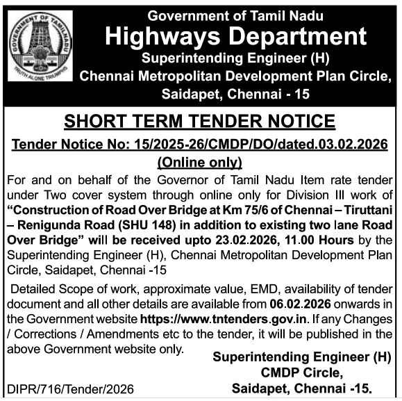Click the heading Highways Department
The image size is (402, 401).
point(235,37)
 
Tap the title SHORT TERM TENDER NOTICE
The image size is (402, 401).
point(200,122)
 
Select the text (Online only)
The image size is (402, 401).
point(200,163)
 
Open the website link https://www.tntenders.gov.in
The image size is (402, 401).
point(215,318)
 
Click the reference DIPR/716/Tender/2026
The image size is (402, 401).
point(69,388)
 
